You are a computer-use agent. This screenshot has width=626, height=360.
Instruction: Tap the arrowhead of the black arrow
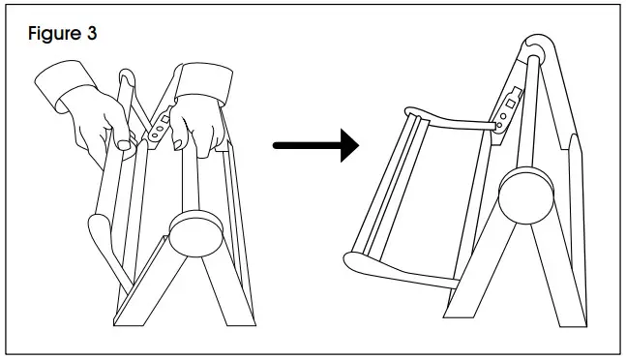tap(346, 146)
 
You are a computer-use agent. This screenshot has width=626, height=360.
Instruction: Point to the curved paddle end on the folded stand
tap(101, 232)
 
